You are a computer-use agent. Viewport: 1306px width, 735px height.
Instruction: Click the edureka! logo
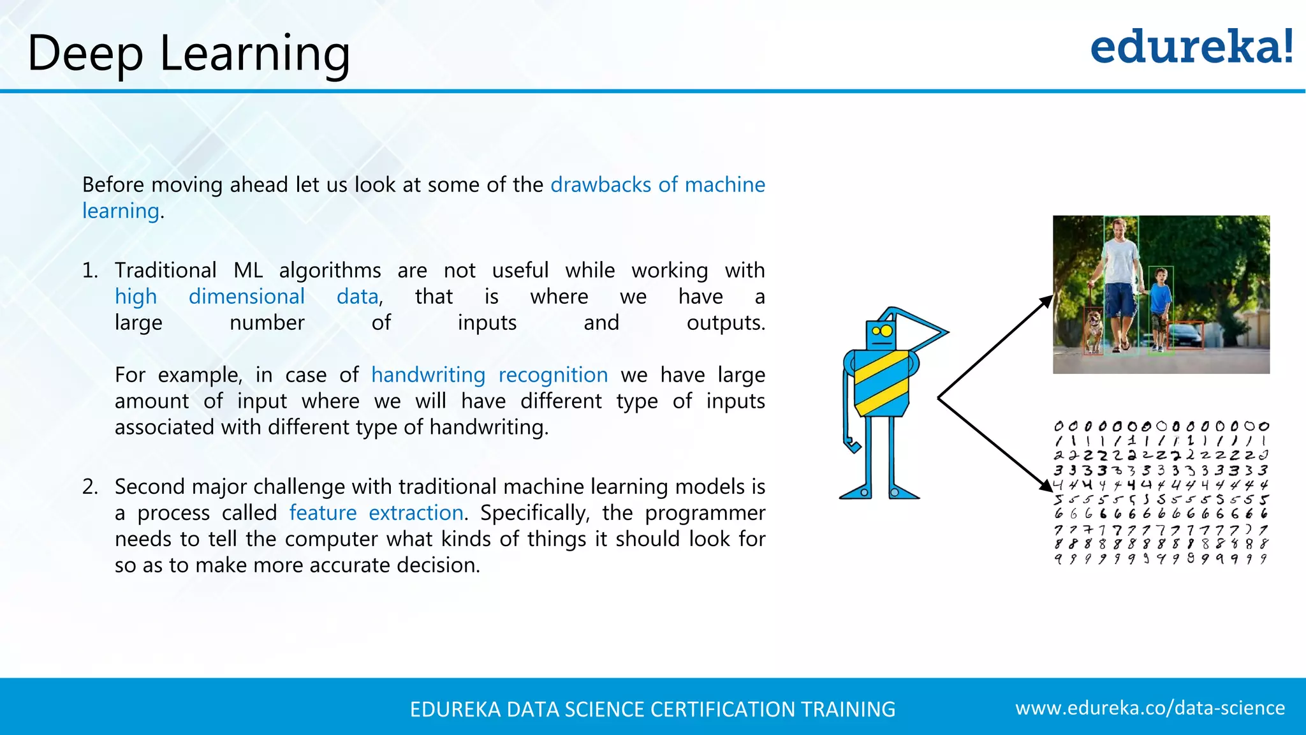click(1191, 47)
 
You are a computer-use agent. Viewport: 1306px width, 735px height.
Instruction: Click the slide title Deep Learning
click(189, 54)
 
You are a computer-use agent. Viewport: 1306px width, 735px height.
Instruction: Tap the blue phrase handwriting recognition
click(489, 375)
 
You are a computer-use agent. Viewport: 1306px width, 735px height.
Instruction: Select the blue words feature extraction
click(376, 513)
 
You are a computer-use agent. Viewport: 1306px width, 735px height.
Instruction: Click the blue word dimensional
click(246, 297)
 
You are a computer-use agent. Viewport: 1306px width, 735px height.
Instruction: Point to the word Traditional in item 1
click(166, 271)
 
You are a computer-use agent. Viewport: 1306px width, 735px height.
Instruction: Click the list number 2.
click(90, 487)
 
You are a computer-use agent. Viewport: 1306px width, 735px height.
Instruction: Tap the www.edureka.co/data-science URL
click(1150, 708)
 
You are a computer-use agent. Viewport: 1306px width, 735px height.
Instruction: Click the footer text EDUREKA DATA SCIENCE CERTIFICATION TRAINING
click(652, 709)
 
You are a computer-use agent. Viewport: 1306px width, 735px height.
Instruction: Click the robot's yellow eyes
click(883, 331)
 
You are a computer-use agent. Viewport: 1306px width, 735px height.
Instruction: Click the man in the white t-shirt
click(1120, 281)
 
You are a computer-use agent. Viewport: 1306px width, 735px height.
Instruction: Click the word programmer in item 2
click(705, 513)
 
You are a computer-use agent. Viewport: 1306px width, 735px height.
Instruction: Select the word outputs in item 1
click(726, 323)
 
